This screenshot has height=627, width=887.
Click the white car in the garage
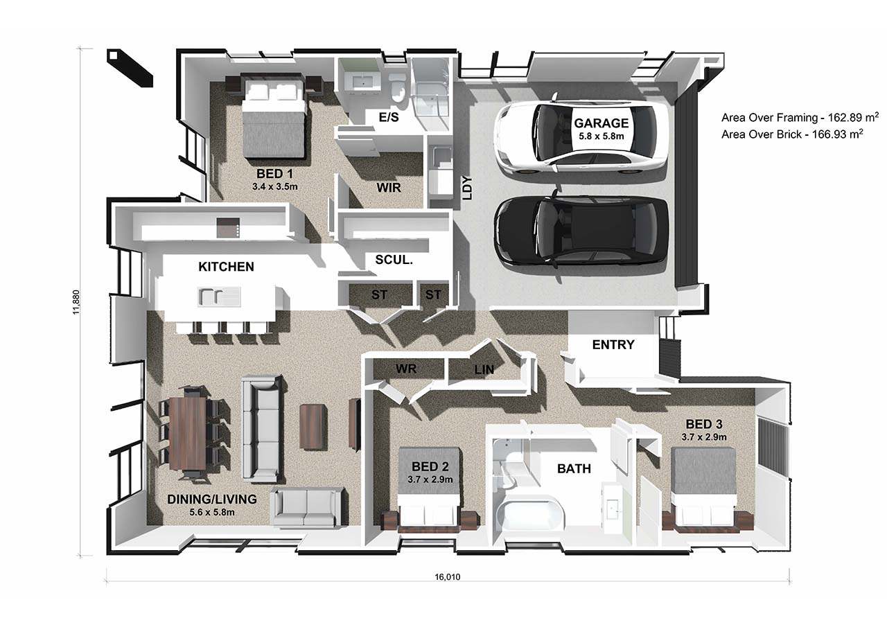(x=581, y=137)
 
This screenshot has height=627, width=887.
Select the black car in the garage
(x=581, y=232)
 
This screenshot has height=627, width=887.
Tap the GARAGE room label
(x=601, y=123)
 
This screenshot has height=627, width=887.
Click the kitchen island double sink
(x=219, y=297)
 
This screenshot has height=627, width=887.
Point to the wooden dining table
(x=188, y=433)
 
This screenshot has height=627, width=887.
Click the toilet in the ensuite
(x=397, y=92)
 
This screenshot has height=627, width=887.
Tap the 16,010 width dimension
(x=448, y=577)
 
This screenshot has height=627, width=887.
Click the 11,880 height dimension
(x=76, y=303)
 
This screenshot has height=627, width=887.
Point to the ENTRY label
(x=613, y=345)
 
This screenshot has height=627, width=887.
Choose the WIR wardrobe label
(x=389, y=188)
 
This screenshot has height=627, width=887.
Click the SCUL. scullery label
(x=394, y=260)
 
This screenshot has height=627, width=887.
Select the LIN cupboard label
(x=484, y=370)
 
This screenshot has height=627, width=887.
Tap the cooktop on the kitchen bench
(x=228, y=228)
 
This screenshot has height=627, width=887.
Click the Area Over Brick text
(x=792, y=134)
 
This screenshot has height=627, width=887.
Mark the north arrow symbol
(x=130, y=67)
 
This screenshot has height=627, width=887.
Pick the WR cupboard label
(x=406, y=369)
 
